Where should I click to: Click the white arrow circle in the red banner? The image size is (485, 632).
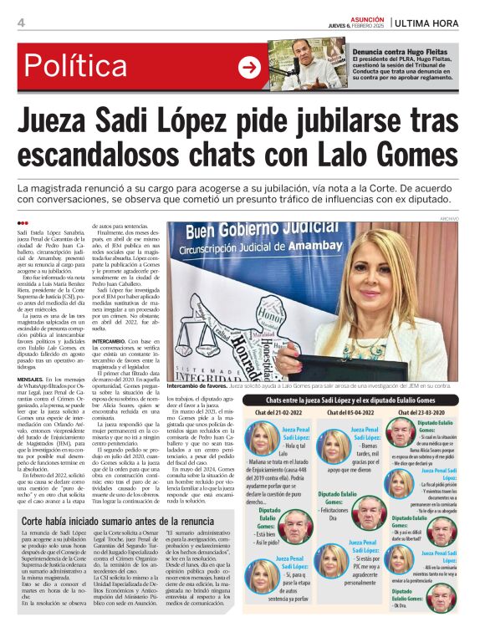pyautogui.click(x=249, y=68)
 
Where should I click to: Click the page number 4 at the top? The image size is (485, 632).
pyautogui.click(x=21, y=22)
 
